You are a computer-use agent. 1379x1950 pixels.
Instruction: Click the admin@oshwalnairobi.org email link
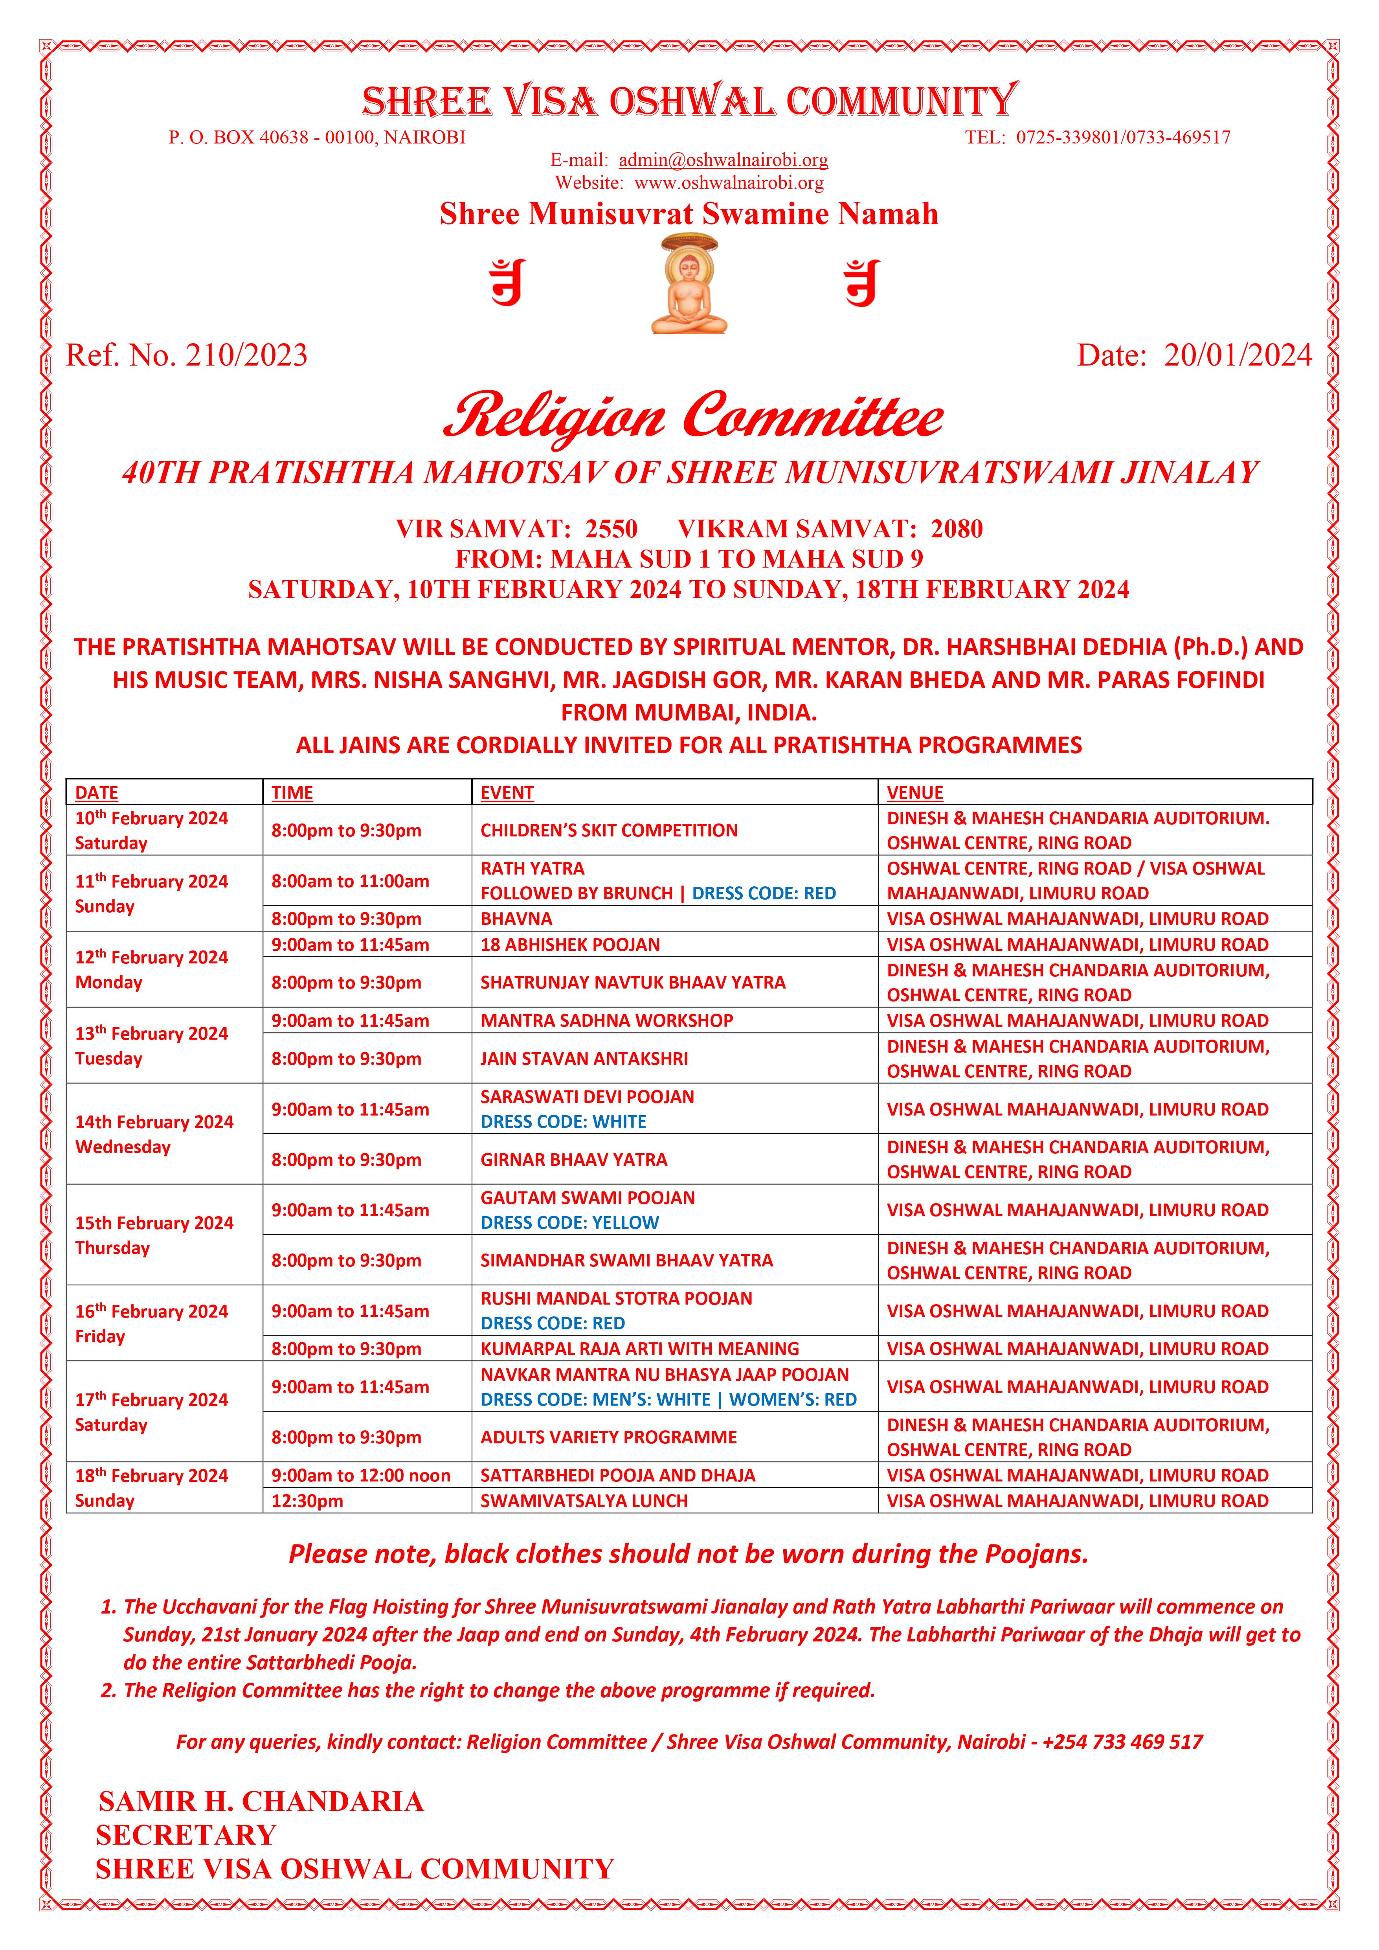[x=723, y=160]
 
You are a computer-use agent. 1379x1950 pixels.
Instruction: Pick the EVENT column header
[x=507, y=792]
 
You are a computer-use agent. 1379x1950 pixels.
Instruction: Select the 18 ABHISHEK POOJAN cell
[x=570, y=945]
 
